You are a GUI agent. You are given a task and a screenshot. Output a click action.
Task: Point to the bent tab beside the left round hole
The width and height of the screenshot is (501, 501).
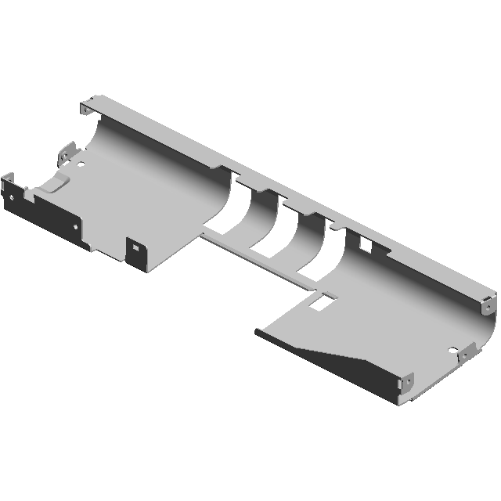point(68,151)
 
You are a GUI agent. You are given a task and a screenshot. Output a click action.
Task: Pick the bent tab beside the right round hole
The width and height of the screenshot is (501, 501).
point(467,353)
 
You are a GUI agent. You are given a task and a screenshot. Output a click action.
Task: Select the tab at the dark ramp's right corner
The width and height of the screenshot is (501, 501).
point(407,384)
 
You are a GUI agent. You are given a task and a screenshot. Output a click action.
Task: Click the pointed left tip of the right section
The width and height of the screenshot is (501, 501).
point(258,332)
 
